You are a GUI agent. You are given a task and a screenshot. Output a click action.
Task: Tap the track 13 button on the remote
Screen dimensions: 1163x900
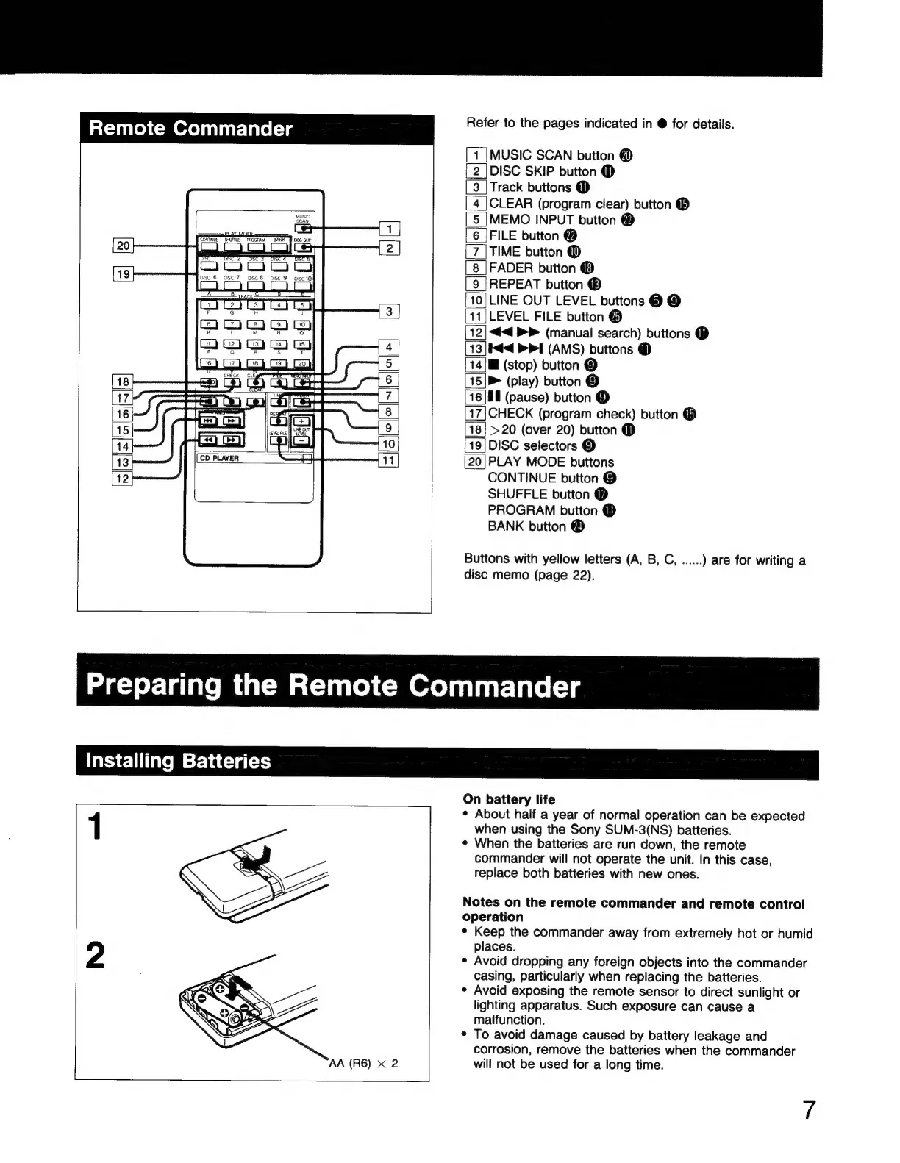pos(255,344)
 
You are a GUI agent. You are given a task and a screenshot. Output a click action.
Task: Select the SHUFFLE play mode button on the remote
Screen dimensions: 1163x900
pos(234,247)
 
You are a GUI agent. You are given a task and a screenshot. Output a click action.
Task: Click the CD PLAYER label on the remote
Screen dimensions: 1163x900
pos(218,459)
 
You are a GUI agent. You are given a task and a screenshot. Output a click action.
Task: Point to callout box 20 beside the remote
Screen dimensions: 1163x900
pos(123,246)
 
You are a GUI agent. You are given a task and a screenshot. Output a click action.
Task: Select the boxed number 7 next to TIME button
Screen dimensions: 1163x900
pos(476,252)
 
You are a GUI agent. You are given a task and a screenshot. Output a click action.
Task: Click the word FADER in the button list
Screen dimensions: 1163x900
pos(511,268)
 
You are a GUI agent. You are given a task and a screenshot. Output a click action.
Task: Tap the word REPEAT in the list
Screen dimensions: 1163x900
pos(515,285)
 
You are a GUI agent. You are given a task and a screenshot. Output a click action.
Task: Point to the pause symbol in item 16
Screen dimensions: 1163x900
pos(495,398)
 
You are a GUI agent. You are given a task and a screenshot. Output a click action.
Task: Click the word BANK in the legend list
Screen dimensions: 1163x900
pos(506,526)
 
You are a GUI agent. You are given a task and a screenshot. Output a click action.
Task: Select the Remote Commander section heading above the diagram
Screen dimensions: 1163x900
pos(190,129)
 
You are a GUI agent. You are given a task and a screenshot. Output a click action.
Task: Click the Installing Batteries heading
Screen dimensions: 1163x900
pos(179,760)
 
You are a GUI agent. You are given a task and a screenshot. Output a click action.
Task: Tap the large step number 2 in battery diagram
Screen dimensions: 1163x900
pos(95,956)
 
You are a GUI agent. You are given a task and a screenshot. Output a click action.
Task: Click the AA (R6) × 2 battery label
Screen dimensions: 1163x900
pos(363,1063)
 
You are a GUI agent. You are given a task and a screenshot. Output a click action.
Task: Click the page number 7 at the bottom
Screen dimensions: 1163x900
pos(809,1110)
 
